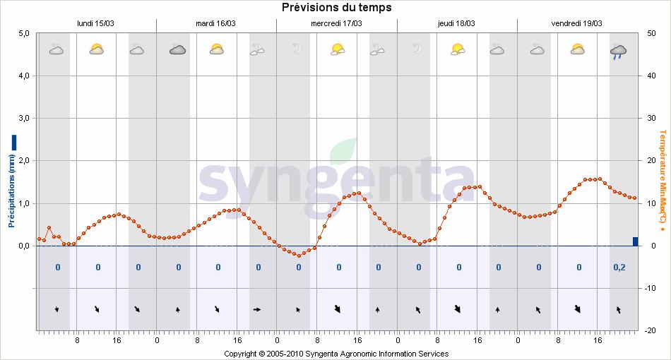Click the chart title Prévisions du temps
pos(336,8)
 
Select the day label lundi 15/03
pos(95,23)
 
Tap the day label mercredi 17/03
pos(337,23)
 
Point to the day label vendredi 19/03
pos(576,23)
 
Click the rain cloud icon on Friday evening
pos(619,51)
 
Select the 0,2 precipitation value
pos(619,268)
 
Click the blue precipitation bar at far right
pos(635,241)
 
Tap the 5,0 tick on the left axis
pos(23,33)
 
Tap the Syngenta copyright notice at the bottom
pos(336,354)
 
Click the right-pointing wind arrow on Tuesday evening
pos(257,309)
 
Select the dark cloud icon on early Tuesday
pos(177,49)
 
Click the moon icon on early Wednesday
pos(297,49)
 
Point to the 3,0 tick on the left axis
pos(23,119)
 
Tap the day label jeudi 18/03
pos(456,23)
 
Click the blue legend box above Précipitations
pos(13,142)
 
